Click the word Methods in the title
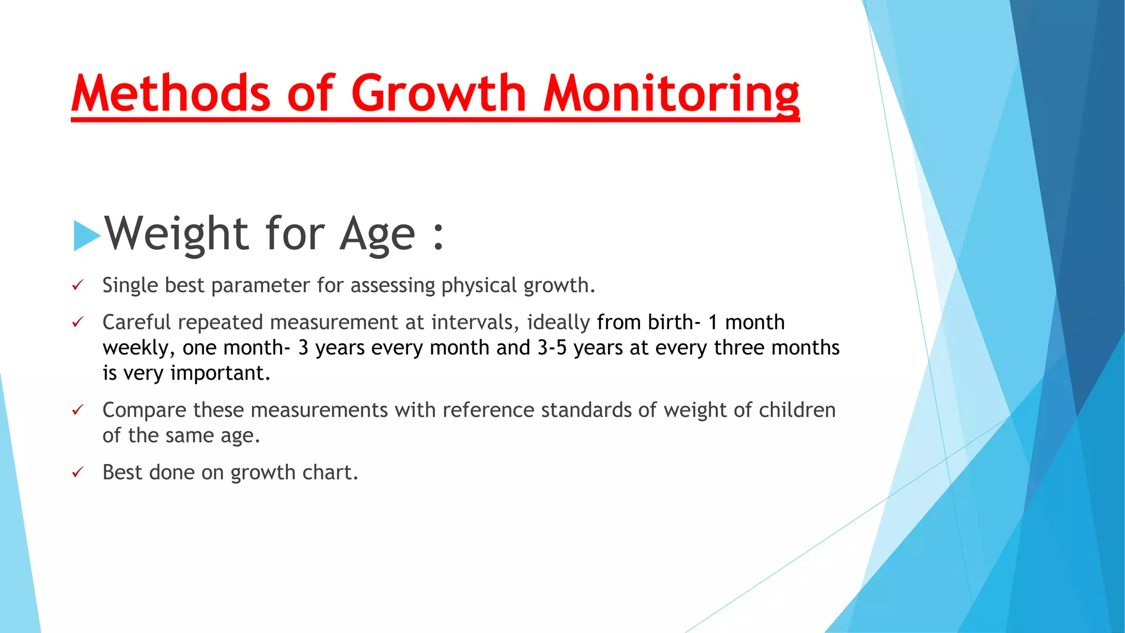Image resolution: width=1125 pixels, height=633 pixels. (x=171, y=93)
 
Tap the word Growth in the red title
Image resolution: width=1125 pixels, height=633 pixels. (x=439, y=93)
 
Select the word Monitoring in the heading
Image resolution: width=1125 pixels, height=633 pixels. (x=671, y=93)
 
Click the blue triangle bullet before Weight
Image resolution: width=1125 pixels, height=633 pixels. (x=87, y=236)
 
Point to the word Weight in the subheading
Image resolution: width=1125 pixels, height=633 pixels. (x=177, y=234)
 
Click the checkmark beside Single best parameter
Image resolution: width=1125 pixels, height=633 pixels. (x=78, y=285)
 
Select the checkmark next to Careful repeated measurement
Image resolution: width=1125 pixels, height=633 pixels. (x=78, y=322)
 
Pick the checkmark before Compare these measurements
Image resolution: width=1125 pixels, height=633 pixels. (x=78, y=410)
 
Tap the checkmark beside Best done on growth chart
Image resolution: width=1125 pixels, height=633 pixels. (x=78, y=473)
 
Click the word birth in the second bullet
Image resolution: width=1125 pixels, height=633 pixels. (x=670, y=322)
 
